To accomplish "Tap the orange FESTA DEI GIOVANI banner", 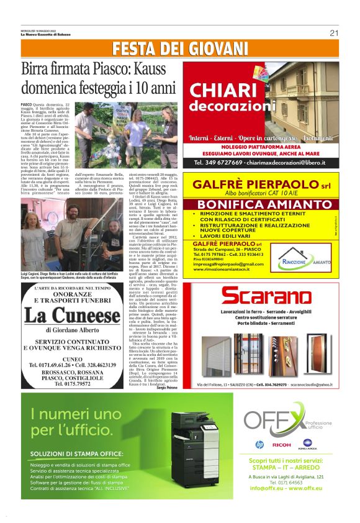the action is click(180, 49).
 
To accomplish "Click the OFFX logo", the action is click(277, 423).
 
